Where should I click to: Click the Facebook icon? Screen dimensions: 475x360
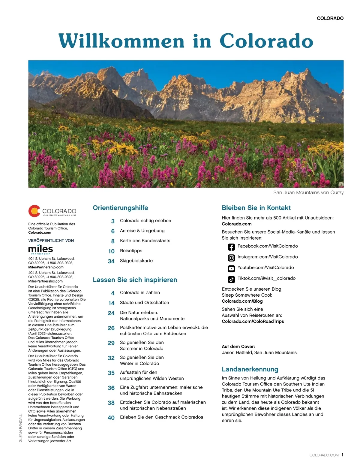(231, 247)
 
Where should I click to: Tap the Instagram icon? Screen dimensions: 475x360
(231, 258)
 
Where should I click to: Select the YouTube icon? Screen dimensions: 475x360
(231, 268)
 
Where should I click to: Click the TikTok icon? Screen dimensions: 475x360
(231, 279)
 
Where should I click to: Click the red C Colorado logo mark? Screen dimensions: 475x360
(34, 211)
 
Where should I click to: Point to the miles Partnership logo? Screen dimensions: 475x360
(40, 250)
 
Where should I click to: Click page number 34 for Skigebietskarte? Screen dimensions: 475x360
(111, 261)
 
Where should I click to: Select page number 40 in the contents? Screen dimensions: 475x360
(111, 418)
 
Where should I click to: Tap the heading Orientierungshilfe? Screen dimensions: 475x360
(120, 208)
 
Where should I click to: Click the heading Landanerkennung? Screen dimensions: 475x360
(250, 369)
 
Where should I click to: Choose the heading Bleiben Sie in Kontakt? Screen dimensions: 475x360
(256, 208)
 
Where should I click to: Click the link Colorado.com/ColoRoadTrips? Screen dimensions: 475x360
(253, 321)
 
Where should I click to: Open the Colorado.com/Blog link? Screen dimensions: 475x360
(242, 301)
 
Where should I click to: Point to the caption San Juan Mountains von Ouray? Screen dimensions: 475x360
(308, 192)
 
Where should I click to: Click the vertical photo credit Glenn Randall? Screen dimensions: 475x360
(21, 428)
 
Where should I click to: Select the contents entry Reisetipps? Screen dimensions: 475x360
(131, 251)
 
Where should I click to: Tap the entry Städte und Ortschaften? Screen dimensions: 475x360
(144, 302)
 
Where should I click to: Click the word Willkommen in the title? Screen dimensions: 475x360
(121, 41)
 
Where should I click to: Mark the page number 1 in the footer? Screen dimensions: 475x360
(342, 455)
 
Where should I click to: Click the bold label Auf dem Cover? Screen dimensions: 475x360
(238, 346)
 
